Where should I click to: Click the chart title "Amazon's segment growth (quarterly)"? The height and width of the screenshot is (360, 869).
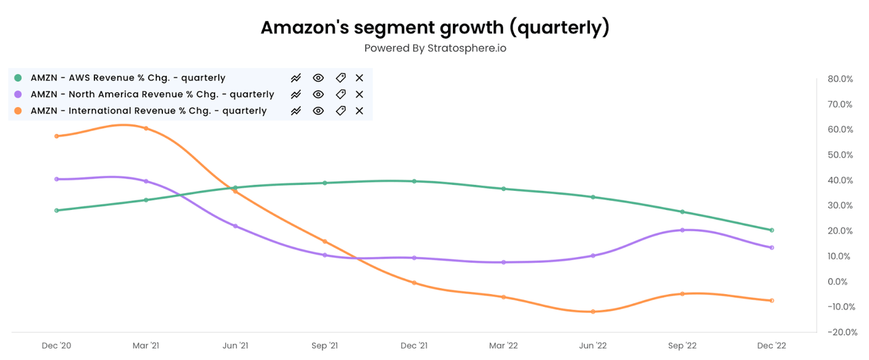coord(434,28)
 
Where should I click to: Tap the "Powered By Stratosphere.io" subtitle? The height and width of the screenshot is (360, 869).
coord(434,48)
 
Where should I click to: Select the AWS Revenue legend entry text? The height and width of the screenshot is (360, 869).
coord(128,78)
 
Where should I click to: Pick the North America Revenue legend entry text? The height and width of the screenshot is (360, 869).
coord(152,94)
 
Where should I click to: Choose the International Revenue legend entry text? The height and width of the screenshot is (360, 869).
coord(148,111)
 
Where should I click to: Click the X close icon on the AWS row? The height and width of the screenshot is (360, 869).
coord(360,78)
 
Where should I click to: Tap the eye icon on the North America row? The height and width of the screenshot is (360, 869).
coord(318,94)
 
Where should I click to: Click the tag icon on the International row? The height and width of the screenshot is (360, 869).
coord(341,111)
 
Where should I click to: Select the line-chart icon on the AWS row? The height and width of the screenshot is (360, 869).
coord(296,78)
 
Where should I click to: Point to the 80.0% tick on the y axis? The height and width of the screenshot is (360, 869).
coord(840,79)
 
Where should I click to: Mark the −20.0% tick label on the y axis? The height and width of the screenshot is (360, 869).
coord(840,332)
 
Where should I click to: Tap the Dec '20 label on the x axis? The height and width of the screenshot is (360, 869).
coord(56,346)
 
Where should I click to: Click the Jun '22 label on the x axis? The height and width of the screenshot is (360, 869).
coord(593,346)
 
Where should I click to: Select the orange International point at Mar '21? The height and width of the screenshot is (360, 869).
coord(146,128)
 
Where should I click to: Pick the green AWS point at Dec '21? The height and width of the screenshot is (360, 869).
coord(414,181)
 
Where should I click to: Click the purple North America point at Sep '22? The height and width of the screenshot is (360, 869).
coord(682,230)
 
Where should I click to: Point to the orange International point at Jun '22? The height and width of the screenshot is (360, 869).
coord(593,312)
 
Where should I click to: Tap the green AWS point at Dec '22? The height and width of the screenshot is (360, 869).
coord(772,230)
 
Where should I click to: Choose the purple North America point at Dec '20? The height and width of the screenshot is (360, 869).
coord(56,179)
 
